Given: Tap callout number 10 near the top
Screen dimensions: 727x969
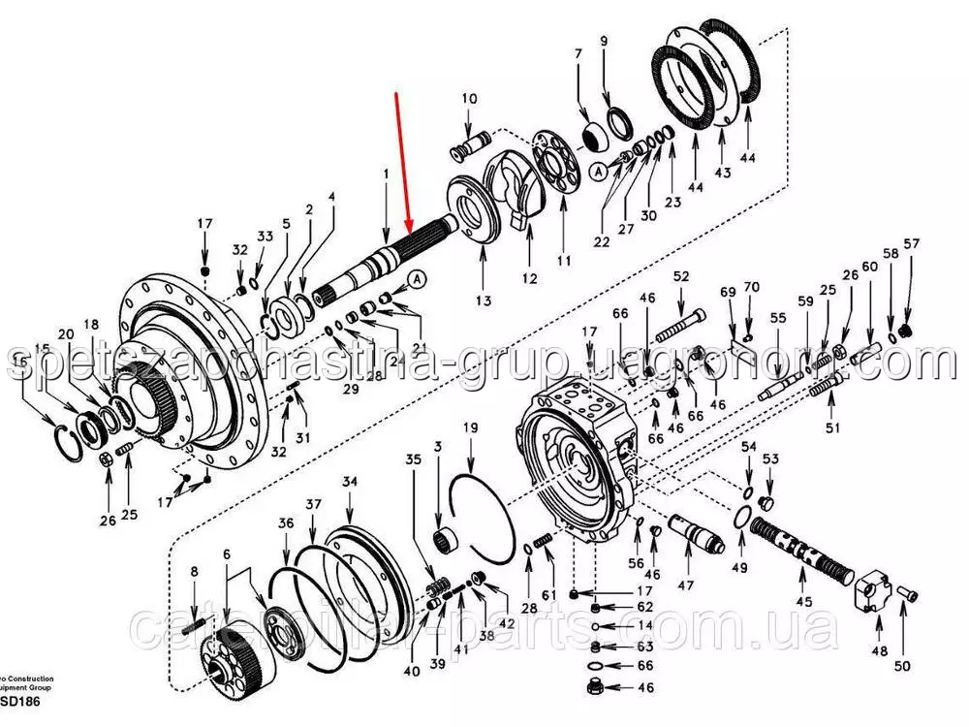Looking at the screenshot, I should pyautogui.click(x=469, y=98).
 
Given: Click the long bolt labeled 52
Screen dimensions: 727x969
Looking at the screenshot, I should pyautogui.click(x=684, y=324).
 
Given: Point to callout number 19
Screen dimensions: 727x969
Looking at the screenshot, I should pyautogui.click(x=470, y=427).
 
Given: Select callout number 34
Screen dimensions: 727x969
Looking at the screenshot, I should pyautogui.click(x=350, y=482).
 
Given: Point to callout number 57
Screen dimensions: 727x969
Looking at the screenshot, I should pyautogui.click(x=911, y=243).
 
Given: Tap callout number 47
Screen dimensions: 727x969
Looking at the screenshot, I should pyautogui.click(x=686, y=585).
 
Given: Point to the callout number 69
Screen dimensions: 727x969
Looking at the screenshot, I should pyautogui.click(x=728, y=292).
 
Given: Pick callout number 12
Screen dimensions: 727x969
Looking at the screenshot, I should pyautogui.click(x=529, y=278).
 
